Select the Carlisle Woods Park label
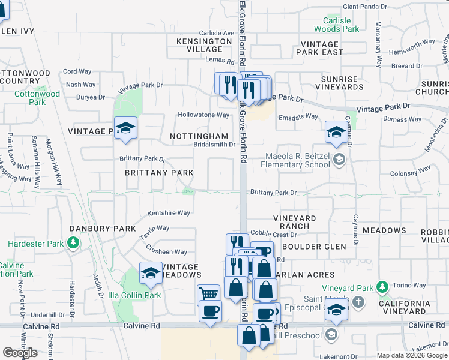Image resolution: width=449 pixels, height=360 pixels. (337, 25)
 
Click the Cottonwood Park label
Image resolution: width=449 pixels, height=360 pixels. (37, 98)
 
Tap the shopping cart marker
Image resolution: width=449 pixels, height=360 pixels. (208, 295)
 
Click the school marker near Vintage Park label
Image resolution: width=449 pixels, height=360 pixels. (125, 128)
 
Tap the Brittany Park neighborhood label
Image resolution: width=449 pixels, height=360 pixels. (159, 173)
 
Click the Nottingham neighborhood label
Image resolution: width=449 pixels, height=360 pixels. (199, 136)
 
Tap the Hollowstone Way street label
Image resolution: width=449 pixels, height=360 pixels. (203, 115)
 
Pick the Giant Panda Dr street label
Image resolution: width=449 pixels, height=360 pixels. (364, 7)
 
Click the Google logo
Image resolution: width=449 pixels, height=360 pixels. (20, 352)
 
